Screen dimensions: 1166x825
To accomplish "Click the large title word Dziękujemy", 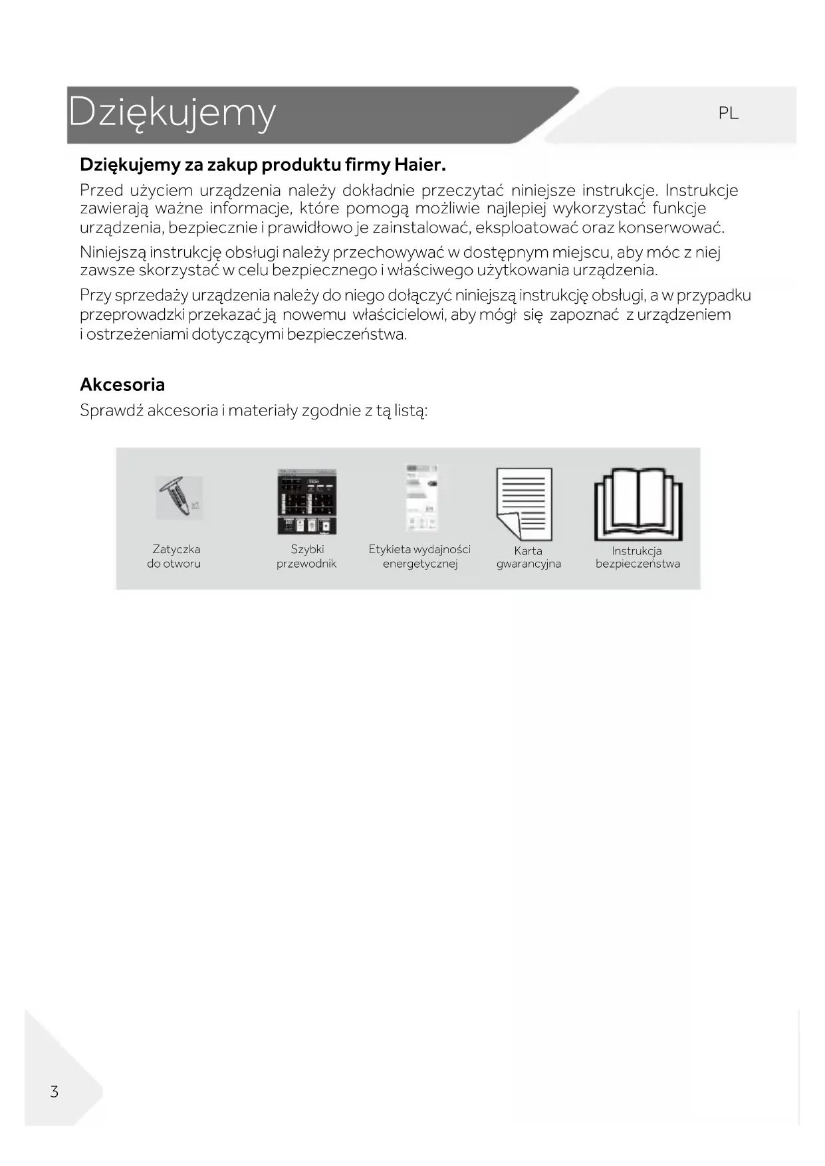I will [172, 112].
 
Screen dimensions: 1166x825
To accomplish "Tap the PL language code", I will [728, 114].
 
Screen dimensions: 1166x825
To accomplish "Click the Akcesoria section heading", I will [122, 384].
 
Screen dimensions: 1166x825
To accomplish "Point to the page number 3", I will [55, 1092].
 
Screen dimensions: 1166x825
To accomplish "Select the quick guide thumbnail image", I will [306, 502].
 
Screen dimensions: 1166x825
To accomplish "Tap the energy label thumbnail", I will [421, 498].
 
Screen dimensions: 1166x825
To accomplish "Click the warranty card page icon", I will [524, 504].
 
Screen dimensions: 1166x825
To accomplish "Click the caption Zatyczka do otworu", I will [174, 556].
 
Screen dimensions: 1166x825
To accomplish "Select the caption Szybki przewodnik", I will [306, 556].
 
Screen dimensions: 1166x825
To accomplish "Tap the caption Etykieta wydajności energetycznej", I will [419, 556].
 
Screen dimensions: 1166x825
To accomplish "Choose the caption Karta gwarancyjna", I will [529, 557].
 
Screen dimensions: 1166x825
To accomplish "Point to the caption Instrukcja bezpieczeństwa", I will [638, 557].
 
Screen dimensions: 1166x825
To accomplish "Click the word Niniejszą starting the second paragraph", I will [112, 253].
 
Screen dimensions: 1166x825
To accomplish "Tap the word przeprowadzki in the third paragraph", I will [132, 315].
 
